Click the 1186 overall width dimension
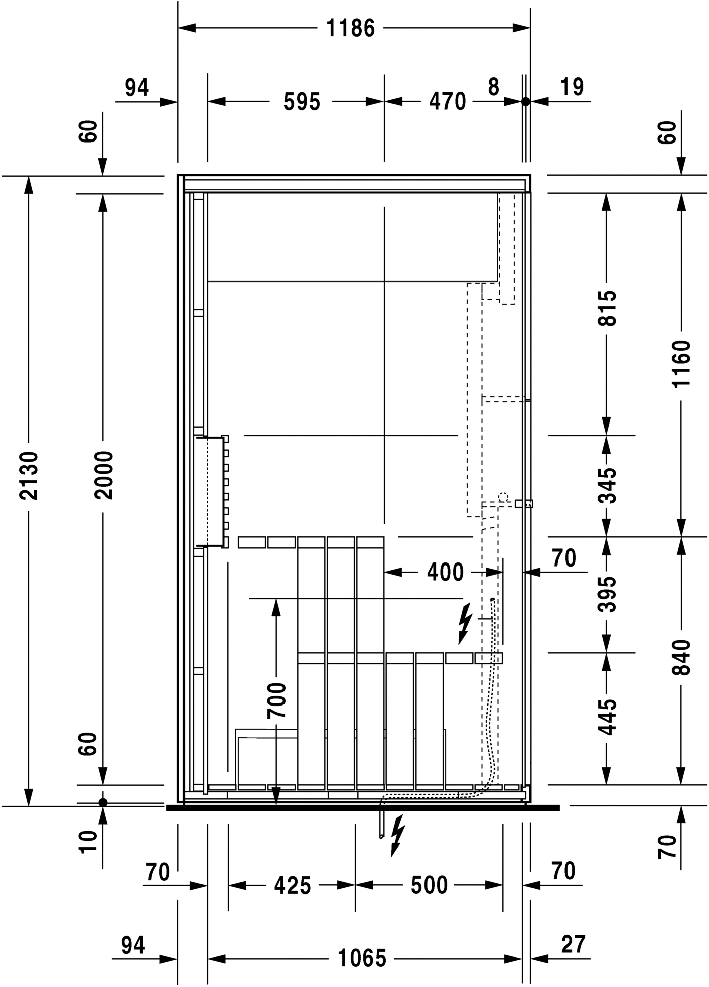(x=351, y=29)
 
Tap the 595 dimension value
(x=302, y=102)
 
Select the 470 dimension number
(x=447, y=102)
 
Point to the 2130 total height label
(x=29, y=475)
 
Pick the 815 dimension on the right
(x=608, y=308)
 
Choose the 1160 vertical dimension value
(x=682, y=364)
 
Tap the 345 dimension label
(x=608, y=485)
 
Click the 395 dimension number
(x=608, y=594)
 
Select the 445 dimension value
(x=608, y=717)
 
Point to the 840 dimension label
(x=682, y=657)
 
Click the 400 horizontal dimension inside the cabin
(x=445, y=573)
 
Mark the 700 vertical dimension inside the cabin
(x=276, y=700)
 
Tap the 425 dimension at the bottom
(x=293, y=886)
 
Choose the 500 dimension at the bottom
(x=429, y=885)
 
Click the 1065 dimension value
(x=362, y=959)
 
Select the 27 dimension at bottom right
(x=573, y=945)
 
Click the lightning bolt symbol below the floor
(x=397, y=835)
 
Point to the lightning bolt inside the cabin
(x=465, y=623)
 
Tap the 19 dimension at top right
(x=572, y=87)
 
